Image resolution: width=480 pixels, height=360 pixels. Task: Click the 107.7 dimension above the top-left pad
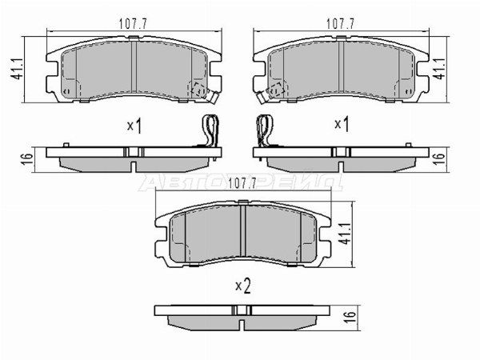pyautogui.click(x=133, y=23)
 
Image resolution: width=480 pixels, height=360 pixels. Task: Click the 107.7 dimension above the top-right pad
pyautogui.click(x=340, y=23)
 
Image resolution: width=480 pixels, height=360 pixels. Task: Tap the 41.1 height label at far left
pyautogui.click(x=16, y=69)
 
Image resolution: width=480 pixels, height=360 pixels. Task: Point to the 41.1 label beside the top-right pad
pyautogui.click(x=440, y=69)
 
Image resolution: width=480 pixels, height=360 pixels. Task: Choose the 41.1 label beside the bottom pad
pyautogui.click(x=346, y=234)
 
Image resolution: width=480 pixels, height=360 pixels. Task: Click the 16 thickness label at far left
pyautogui.click(x=27, y=159)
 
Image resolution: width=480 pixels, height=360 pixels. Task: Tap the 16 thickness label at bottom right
pyautogui.click(x=351, y=318)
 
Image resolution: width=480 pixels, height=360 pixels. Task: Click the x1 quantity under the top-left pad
pyautogui.click(x=134, y=126)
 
